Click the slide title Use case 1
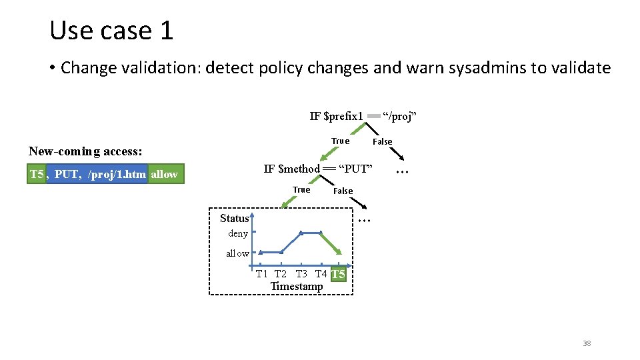click(111, 30)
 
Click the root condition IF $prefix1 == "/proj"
click(363, 117)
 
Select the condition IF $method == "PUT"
click(317, 169)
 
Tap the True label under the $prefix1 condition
click(340, 141)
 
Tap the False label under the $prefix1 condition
click(382, 141)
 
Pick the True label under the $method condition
click(301, 190)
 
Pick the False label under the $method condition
click(343, 191)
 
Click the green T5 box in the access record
click(37, 174)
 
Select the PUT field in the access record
click(67, 174)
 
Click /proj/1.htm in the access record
click(117, 174)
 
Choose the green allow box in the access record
click(165, 174)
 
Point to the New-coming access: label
click(85, 151)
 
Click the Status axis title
click(234, 218)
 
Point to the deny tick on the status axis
click(238, 233)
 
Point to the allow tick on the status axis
click(237, 253)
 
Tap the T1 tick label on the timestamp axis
click(261, 274)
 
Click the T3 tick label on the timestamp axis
click(301, 274)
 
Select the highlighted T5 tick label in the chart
click(338, 274)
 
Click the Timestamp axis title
click(296, 287)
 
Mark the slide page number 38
click(587, 343)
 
